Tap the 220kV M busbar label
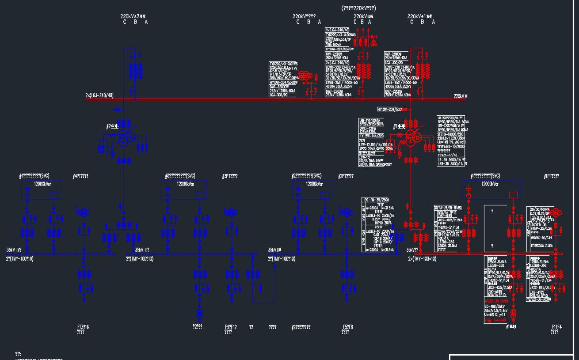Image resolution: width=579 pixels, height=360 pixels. [x=460, y=96]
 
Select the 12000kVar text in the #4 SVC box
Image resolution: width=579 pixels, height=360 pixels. [x=41, y=184]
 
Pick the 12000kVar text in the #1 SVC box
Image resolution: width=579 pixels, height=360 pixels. [x=490, y=184]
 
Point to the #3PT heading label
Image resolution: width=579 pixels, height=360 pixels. [x=229, y=176]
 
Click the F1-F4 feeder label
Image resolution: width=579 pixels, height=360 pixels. [x=556, y=327]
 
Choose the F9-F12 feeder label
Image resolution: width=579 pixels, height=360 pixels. [x=231, y=327]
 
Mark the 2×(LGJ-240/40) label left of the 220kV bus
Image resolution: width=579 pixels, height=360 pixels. [x=99, y=95]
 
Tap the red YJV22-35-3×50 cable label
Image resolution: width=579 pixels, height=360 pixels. [x=496, y=301]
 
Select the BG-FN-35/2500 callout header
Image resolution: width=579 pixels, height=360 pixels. [x=376, y=200]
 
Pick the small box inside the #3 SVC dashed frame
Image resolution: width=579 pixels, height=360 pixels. [x=199, y=195]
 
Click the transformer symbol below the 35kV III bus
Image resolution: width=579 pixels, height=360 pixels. [x=199, y=314]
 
